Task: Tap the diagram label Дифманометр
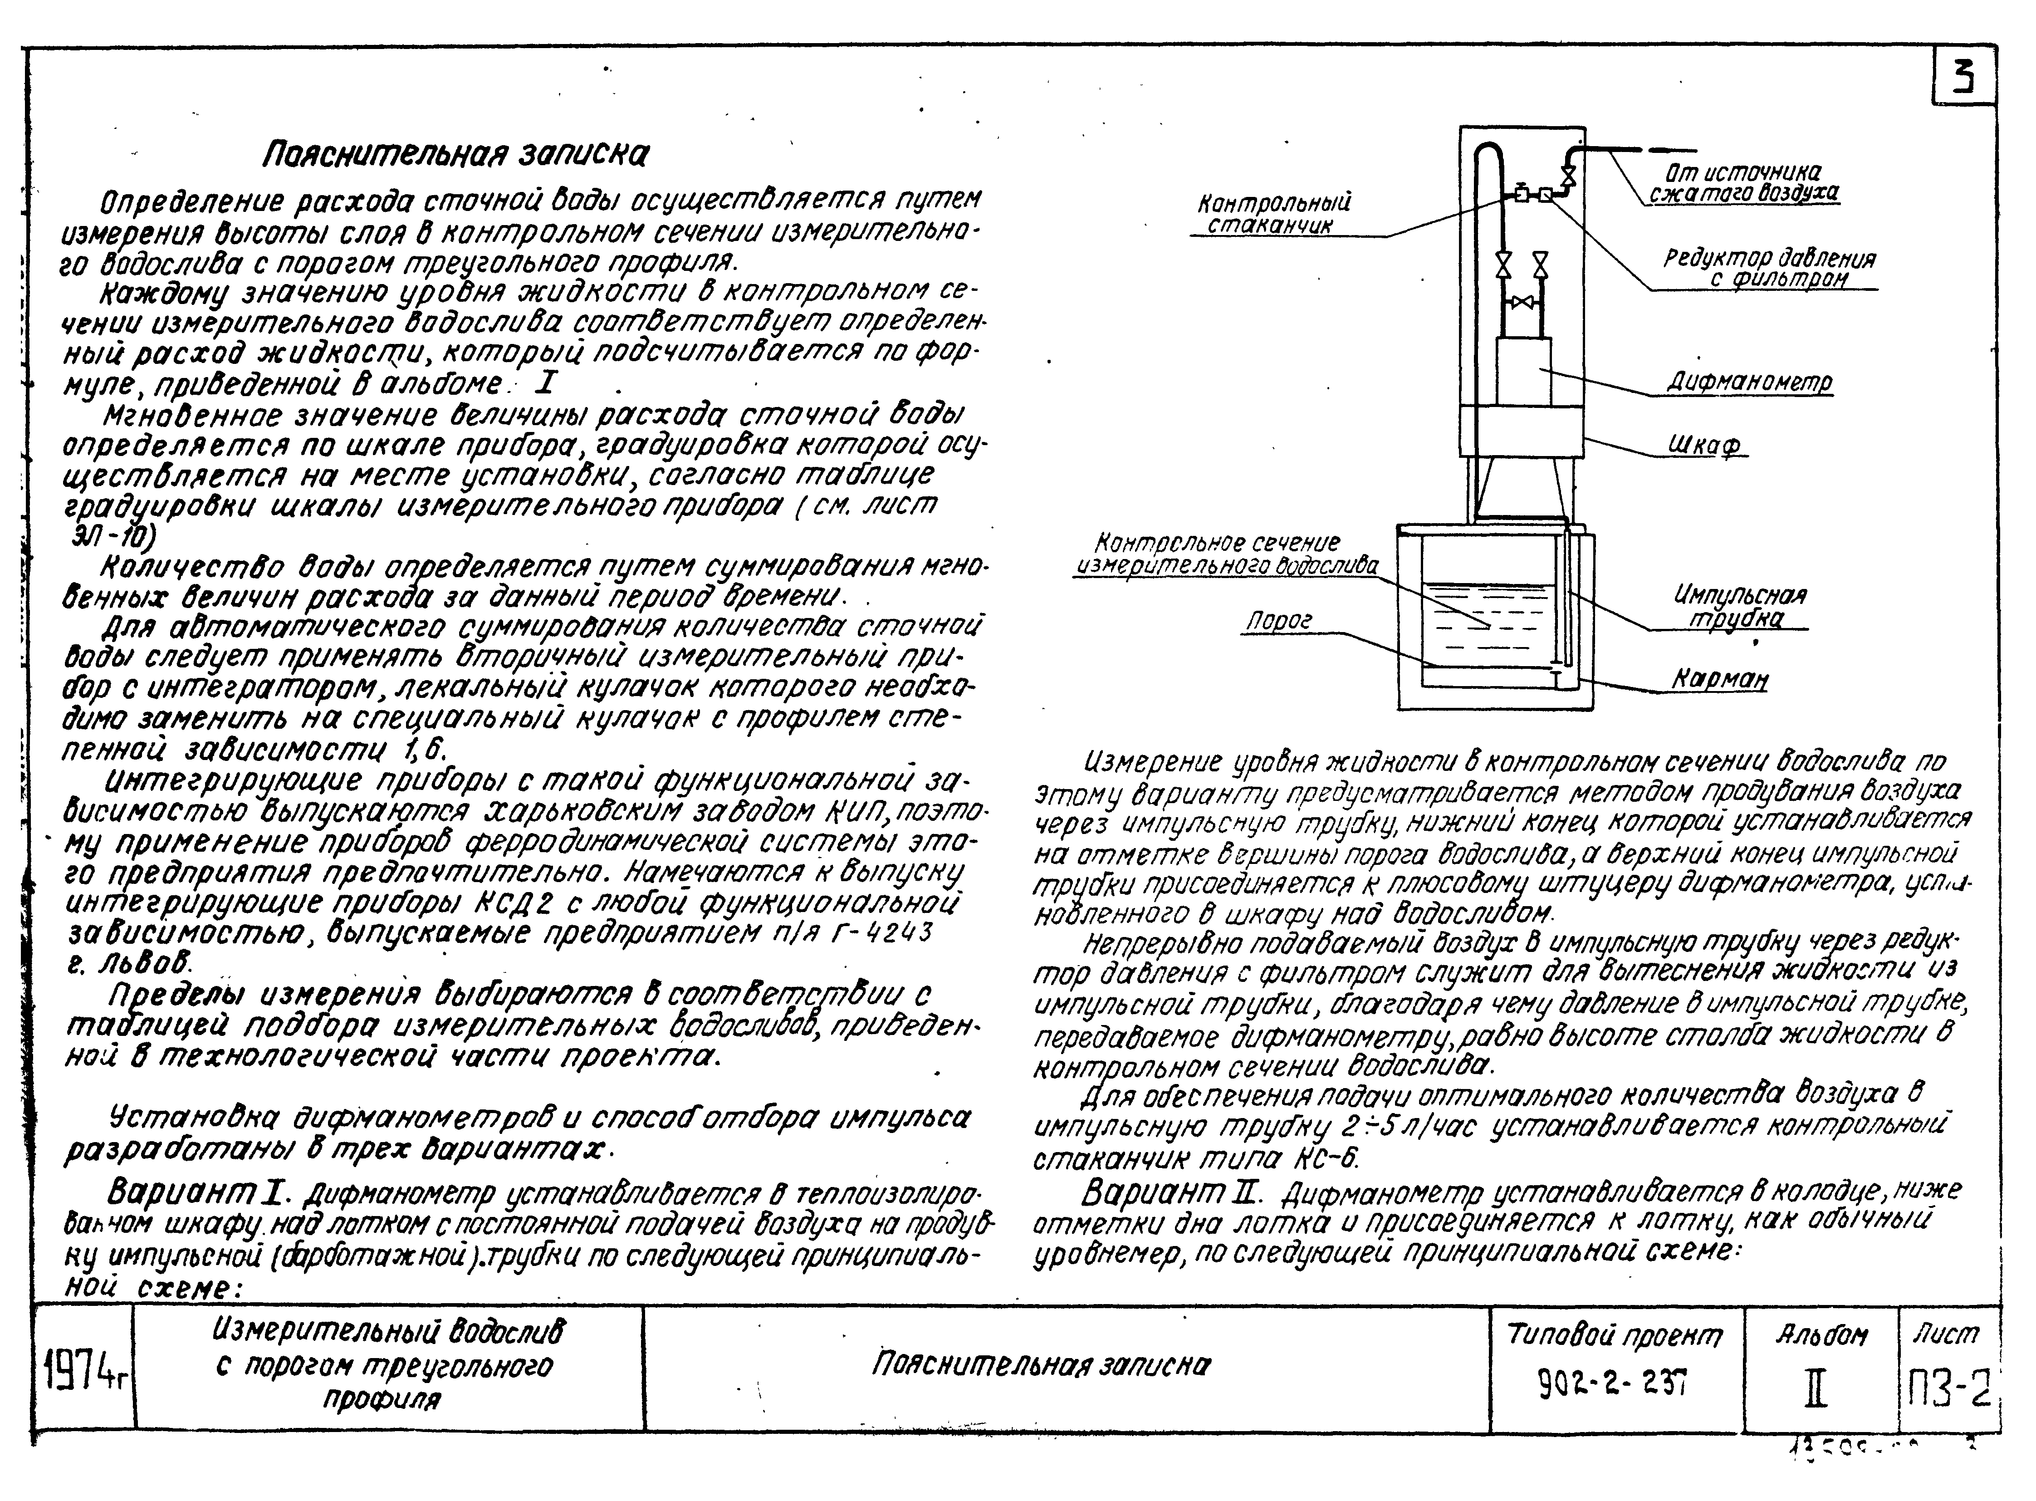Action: [x=1749, y=383]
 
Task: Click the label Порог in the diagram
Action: [x=1278, y=622]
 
